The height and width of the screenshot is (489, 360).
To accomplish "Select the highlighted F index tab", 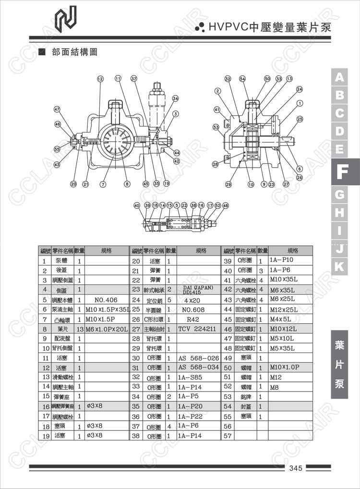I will [340, 172].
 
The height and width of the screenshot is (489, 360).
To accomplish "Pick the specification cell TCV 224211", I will [198, 329].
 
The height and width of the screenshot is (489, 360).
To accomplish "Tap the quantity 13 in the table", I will [80, 329].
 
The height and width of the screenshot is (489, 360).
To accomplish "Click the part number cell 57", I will [228, 436].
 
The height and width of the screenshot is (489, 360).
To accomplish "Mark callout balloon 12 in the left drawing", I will [100, 78].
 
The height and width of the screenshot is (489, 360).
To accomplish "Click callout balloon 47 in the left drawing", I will [57, 110].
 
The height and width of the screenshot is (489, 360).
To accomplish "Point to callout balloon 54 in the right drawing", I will [242, 78].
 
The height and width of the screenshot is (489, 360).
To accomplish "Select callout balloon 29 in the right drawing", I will [228, 184].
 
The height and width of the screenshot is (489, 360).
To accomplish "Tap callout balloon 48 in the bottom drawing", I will [226, 205].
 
